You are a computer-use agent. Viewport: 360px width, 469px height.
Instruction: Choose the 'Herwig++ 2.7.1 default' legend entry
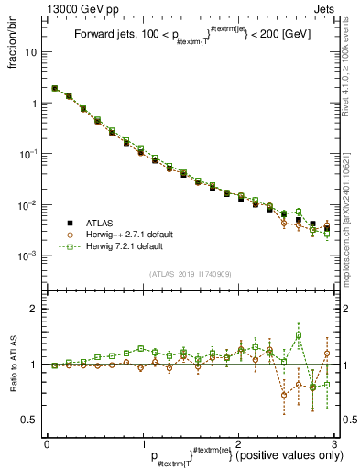tap(115, 234)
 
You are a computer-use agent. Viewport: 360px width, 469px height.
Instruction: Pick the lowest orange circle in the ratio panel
tap(285, 396)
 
